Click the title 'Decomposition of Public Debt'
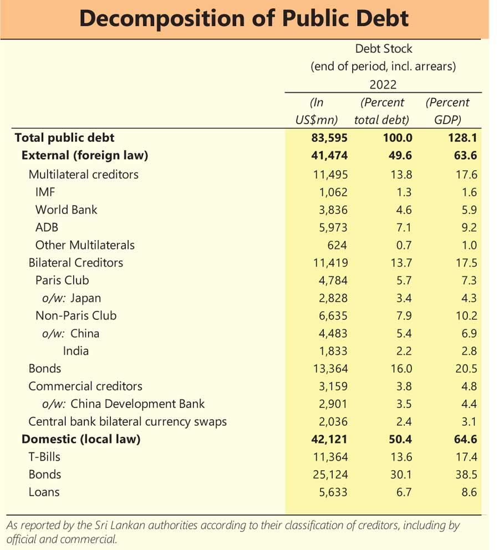point(244,18)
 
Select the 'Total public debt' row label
point(64,137)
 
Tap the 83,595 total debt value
point(329,138)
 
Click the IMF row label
point(45,192)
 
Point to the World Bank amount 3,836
point(333,210)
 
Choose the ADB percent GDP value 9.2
point(469,228)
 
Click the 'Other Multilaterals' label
point(85,245)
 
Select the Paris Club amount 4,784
point(333,281)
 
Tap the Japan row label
point(85,298)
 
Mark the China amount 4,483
point(333,334)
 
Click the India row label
point(76,351)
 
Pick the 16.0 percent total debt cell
point(401,369)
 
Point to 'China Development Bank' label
point(138,404)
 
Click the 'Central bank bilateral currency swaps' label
point(128,421)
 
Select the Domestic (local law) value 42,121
point(329,439)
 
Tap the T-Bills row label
point(44,457)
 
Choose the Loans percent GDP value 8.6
point(469,492)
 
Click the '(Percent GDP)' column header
point(447,111)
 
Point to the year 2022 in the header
point(383,85)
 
